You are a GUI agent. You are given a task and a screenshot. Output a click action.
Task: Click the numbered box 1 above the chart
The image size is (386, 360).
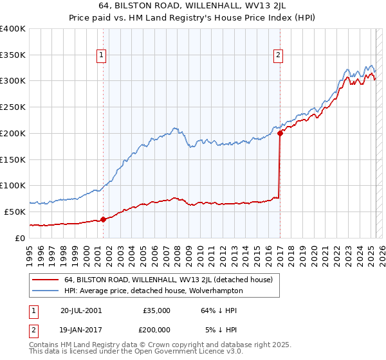click(x=102, y=56)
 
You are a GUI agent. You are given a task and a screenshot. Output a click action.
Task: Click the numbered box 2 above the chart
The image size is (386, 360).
click(x=278, y=56)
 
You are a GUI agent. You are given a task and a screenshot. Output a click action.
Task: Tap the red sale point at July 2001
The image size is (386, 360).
click(x=104, y=219)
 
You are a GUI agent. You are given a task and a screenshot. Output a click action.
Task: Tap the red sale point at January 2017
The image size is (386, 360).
click(x=280, y=134)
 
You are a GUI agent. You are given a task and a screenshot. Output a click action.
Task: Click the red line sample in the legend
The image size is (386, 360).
click(x=45, y=280)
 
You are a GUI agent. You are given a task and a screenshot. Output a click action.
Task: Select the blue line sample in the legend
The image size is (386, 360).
click(x=45, y=291)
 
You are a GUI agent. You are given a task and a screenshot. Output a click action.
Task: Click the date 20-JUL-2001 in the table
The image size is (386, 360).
click(x=80, y=310)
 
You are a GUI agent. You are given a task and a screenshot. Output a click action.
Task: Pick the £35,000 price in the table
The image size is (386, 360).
click(x=156, y=310)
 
